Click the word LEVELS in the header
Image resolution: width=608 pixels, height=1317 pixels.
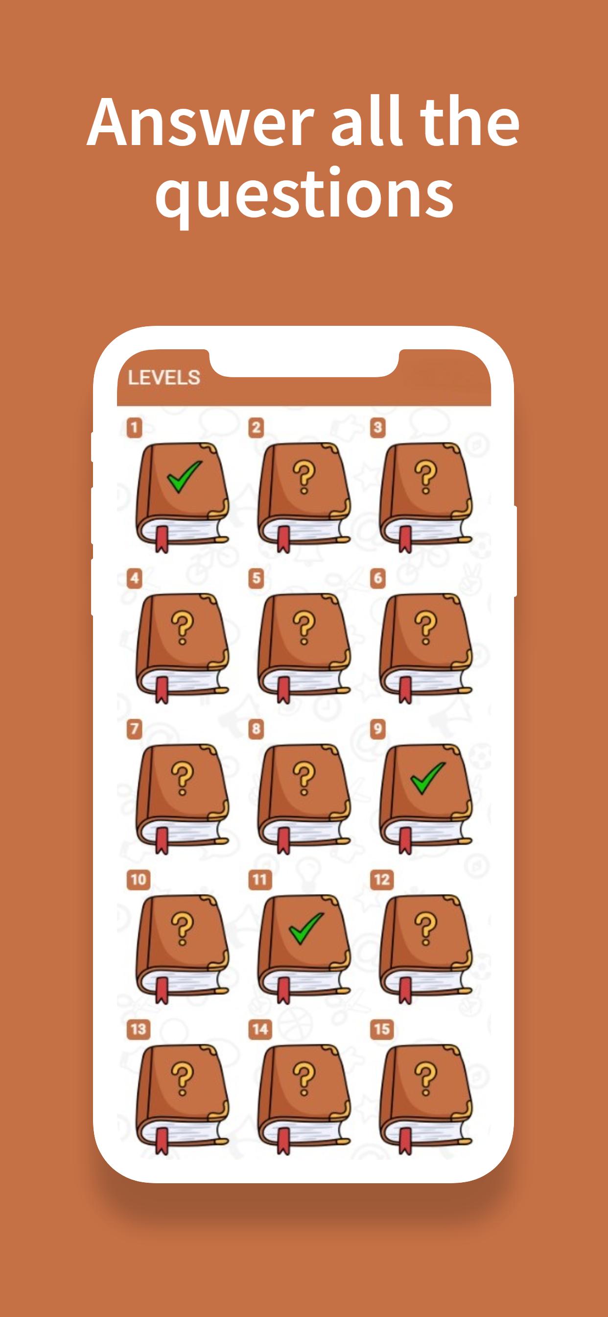[164, 377]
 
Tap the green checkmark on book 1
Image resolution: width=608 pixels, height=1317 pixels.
[184, 477]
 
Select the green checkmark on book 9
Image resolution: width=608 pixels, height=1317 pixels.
[428, 778]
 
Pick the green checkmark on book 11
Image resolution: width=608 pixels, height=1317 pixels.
[306, 928]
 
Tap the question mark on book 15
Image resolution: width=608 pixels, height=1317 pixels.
[425, 1079]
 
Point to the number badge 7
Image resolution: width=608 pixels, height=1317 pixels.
[134, 729]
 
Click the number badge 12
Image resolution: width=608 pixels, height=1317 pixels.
[382, 879]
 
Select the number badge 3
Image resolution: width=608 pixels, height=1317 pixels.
[377, 427]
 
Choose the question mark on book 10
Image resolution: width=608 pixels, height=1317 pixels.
[183, 928]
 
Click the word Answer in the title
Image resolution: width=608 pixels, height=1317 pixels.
[200, 122]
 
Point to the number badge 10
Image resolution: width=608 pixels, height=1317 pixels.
[139, 879]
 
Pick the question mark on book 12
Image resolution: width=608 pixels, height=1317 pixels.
[425, 928]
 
